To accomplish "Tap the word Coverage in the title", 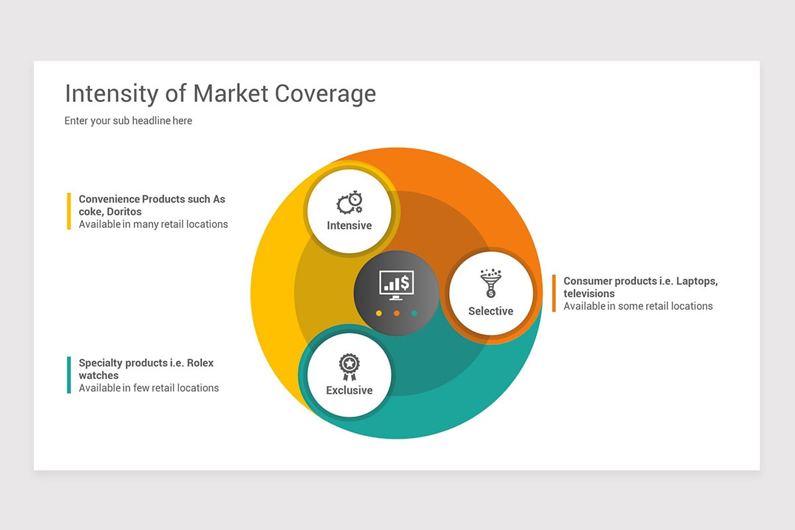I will click(x=325, y=94).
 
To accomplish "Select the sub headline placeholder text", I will click(x=128, y=121).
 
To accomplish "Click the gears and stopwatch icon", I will click(x=349, y=203).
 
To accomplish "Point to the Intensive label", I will click(x=349, y=225).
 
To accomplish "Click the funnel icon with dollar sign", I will click(x=490, y=284).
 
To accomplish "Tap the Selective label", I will click(x=490, y=311).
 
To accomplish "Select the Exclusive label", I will click(x=349, y=390).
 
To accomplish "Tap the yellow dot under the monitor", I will click(x=379, y=313).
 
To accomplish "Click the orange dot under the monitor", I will click(x=397, y=313).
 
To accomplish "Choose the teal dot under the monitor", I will click(x=415, y=313).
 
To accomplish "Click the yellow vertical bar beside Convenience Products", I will click(x=69, y=211).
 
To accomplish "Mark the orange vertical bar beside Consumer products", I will click(x=554, y=293).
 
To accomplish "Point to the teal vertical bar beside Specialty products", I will click(x=69, y=375).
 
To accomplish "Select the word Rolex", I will click(x=200, y=363).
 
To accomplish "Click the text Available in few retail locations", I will click(x=148, y=388).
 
